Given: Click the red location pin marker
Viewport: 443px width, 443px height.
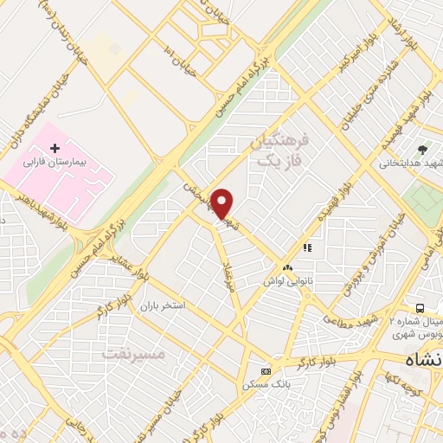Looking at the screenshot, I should [x=222, y=203].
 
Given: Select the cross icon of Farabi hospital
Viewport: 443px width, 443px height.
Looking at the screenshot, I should [x=55, y=149].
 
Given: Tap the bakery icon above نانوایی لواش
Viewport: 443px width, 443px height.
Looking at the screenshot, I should [x=286, y=267].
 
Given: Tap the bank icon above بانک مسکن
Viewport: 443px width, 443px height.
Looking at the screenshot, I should [x=265, y=371].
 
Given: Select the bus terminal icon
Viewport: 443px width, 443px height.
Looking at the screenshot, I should [x=420, y=308].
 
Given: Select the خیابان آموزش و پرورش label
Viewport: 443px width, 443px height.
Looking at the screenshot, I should [x=373, y=254].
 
